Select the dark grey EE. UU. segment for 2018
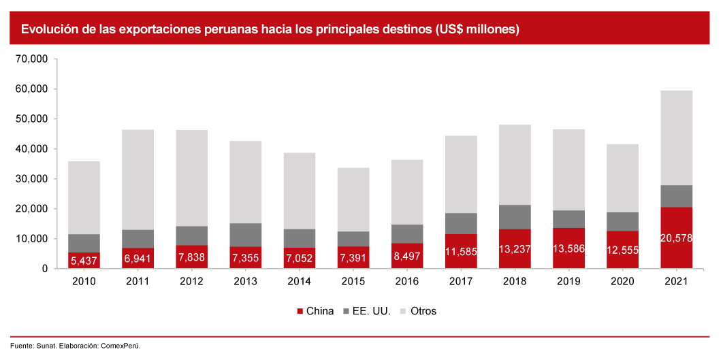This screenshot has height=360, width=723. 515,217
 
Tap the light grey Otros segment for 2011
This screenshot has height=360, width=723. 138,180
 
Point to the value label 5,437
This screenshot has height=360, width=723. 84,261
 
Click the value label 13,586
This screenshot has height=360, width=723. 568,248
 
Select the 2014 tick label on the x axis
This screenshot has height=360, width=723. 300,282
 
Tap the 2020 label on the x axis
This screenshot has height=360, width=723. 622,282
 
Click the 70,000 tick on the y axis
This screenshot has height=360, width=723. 31,59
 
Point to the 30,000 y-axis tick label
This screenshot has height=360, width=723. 31,179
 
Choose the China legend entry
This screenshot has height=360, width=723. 315,311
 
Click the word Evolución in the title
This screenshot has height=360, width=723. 48,29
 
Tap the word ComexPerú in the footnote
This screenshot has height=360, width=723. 120,346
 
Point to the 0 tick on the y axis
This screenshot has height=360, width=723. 44,269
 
